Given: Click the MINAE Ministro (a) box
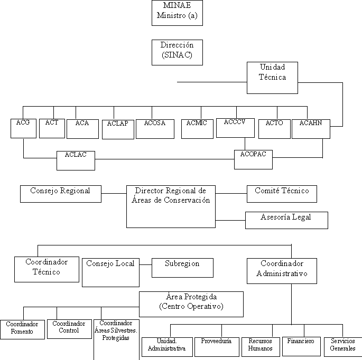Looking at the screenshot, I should point(177,13).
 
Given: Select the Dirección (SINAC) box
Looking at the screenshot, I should point(177,52).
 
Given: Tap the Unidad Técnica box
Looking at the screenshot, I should point(272,78).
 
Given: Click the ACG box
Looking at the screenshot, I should point(23,129).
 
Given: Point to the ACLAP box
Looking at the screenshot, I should point(118,129).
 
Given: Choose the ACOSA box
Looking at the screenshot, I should point(155,129).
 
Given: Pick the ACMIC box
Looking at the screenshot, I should point(197,129).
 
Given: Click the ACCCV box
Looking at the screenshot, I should point(235,128).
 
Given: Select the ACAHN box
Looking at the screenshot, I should point(311,129).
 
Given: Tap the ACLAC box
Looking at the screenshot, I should point(76,160).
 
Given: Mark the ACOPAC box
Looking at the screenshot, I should point(253,159).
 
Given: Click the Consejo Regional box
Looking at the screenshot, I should point(61,194).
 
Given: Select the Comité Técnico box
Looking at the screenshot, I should point(282,194).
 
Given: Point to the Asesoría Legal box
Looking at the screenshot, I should point(286,220).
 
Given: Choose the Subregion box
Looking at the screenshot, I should point(182,268).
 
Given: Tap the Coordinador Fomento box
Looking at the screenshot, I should point(22,329).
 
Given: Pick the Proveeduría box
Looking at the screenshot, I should point(217,346).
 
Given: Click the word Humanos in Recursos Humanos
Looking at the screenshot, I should point(261,349).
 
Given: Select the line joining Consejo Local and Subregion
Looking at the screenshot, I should point(145,263).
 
